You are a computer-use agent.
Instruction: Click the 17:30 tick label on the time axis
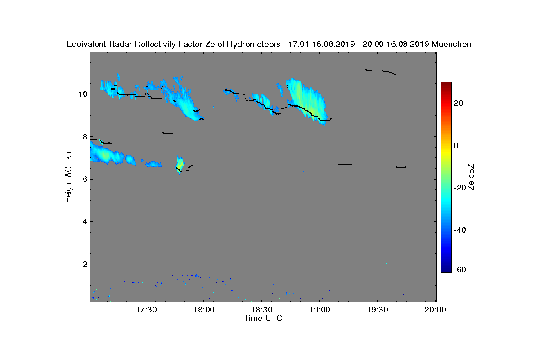146,310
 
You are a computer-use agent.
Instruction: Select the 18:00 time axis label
204,310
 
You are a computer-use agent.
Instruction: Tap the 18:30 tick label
262,310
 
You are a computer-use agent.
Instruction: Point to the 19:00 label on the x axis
319,310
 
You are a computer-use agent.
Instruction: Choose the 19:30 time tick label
378,310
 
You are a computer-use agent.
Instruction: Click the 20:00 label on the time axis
436,310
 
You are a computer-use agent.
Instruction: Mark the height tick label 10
83,94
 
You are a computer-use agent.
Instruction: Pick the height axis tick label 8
85,137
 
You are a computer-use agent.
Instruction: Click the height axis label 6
85,179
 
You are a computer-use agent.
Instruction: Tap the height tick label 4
85,221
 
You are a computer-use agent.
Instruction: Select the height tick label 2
85,264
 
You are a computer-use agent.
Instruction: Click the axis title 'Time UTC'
263,318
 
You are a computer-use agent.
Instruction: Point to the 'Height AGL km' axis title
68,176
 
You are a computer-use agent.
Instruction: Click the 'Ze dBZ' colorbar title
471,177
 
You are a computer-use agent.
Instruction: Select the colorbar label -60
460,270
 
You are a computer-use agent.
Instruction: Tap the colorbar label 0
456,145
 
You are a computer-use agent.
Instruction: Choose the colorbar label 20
459,103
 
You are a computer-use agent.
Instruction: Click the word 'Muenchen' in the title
451,45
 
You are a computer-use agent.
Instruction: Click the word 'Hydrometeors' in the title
254,45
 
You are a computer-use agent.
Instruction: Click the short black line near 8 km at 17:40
168,133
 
